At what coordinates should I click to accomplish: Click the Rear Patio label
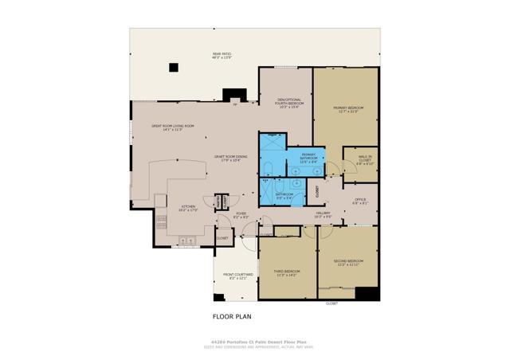pos(221,57)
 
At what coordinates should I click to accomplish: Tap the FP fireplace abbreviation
pos(235,104)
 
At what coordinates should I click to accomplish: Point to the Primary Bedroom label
pos(351,110)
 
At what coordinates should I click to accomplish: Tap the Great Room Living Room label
pos(167,127)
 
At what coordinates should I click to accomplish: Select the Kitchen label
pos(187,208)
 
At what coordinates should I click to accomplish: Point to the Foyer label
pos(241,215)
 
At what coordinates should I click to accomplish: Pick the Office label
pos(360,202)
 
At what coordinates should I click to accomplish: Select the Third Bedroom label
pos(284,274)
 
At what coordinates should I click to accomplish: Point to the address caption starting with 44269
pos(255,339)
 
